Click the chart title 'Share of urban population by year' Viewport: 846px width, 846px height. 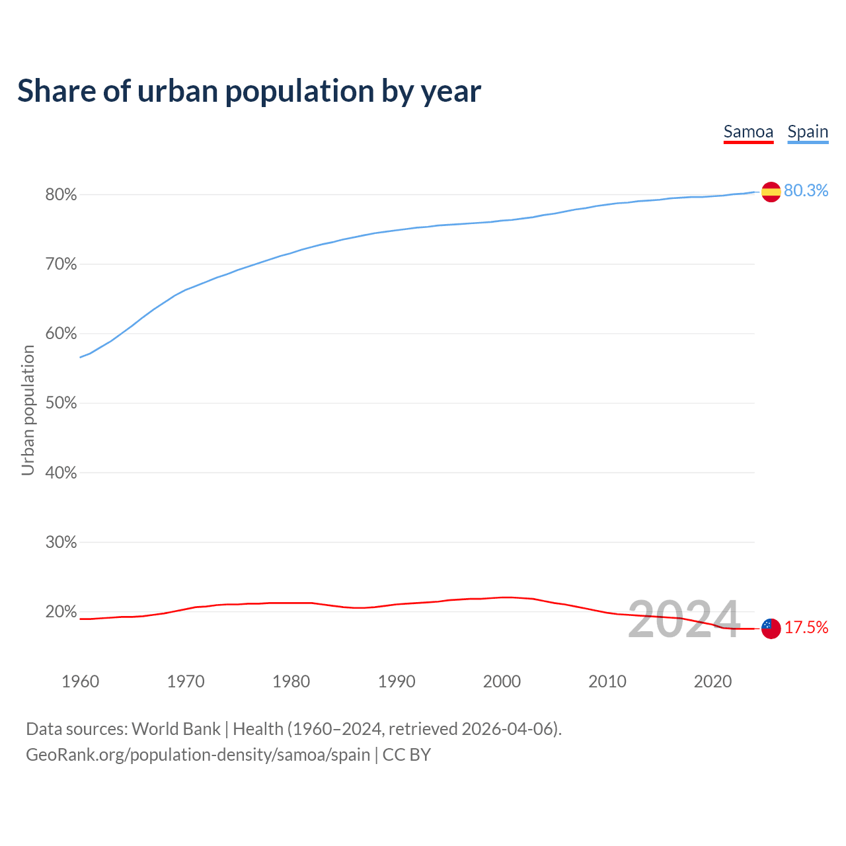pyautogui.click(x=249, y=91)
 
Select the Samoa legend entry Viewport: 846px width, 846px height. pyautogui.click(x=748, y=132)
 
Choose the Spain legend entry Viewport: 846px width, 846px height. pyautogui.click(x=808, y=132)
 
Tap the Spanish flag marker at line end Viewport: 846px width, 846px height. pyautogui.click(x=771, y=192)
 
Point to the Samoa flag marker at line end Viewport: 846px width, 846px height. pyautogui.click(x=771, y=628)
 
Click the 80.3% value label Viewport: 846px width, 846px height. pyautogui.click(x=806, y=190)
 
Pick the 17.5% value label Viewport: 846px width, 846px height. pyautogui.click(x=806, y=627)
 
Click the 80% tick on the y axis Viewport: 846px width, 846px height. pyautogui.click(x=61, y=195)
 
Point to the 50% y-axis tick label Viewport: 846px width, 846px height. pyautogui.click(x=61, y=403)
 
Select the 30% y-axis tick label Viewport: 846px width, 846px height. pyautogui.click(x=61, y=543)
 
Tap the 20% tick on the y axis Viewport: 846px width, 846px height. pyautogui.click(x=61, y=612)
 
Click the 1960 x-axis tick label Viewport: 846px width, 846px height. pyautogui.click(x=80, y=681)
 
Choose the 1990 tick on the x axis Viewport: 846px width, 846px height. pyautogui.click(x=397, y=681)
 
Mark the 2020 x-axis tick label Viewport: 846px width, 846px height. pyautogui.click(x=712, y=681)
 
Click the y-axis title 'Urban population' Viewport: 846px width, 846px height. pyautogui.click(x=28, y=410)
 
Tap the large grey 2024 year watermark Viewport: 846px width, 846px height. pyautogui.click(x=683, y=620)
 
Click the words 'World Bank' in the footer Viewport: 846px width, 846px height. pyautogui.click(x=176, y=729)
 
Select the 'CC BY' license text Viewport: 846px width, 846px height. pyautogui.click(x=406, y=755)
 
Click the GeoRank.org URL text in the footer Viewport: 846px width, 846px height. pyautogui.click(x=198, y=755)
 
